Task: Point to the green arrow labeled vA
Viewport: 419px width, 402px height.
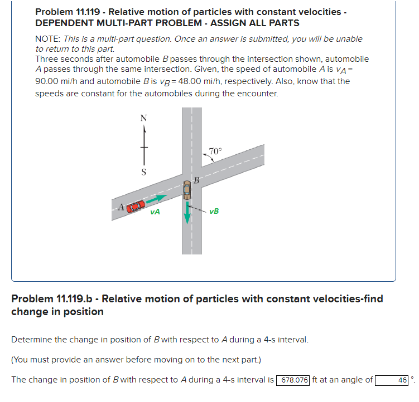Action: pyautogui.click(x=158, y=198)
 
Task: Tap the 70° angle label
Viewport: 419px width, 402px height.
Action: pyautogui.click(x=215, y=150)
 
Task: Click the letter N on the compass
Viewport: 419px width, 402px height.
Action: pyautogui.click(x=144, y=118)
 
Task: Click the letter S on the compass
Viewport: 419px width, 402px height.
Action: pyautogui.click(x=144, y=173)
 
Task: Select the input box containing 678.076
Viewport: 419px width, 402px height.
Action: pyautogui.click(x=293, y=380)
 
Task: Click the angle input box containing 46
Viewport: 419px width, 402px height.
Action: pyautogui.click(x=393, y=380)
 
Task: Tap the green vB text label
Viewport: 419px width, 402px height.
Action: pyautogui.click(x=214, y=211)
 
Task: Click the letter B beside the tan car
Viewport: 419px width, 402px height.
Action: pyautogui.click(x=196, y=179)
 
